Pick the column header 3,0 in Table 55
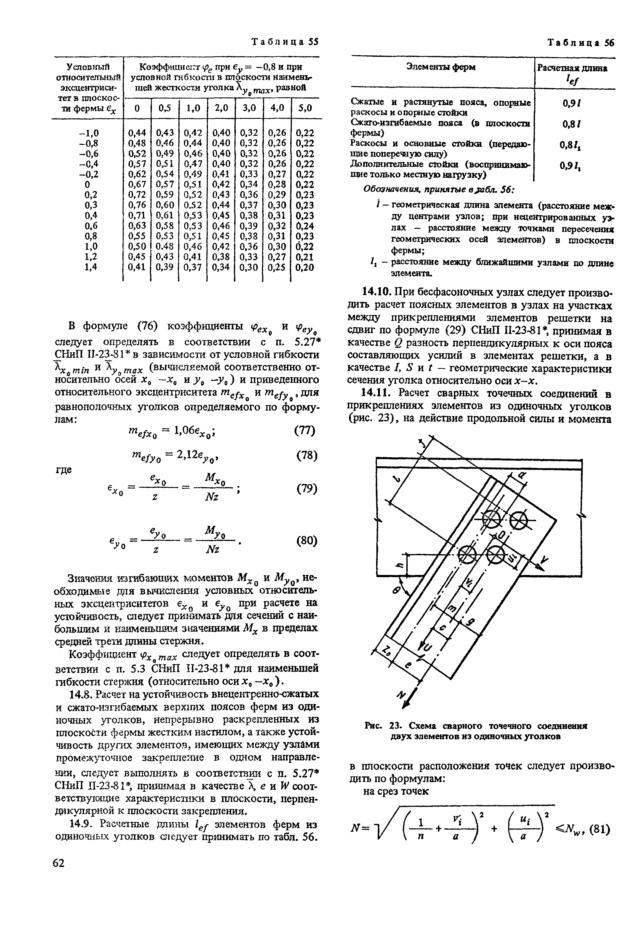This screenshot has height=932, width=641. [249, 108]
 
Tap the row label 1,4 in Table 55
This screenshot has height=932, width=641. [92, 267]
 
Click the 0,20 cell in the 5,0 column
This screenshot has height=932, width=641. [304, 267]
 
